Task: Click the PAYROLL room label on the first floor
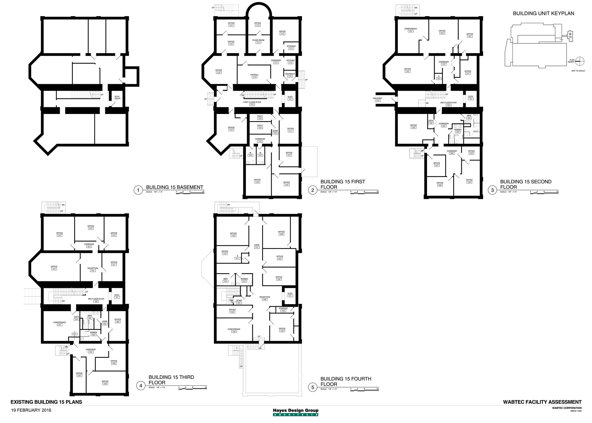pos(254,75)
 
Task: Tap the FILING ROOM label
pos(258,40)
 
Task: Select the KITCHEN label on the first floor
pos(291,60)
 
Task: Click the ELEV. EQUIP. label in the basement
pos(117,97)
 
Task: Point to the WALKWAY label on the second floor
pos(378,98)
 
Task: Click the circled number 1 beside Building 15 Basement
pos(138,190)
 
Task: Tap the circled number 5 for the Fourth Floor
pos(313,387)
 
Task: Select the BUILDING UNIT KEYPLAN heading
pos(543,13)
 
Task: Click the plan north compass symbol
pos(580,61)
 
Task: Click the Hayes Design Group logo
pos(295,412)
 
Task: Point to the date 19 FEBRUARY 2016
pos(31,410)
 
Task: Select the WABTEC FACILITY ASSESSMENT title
pos(542,402)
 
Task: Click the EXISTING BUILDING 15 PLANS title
pos(46,402)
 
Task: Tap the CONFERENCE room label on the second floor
pos(410,29)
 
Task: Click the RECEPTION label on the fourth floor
pos(264,297)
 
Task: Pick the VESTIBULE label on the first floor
pos(290,74)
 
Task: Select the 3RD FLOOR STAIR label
pos(96,299)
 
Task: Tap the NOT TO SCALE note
pos(578,71)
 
